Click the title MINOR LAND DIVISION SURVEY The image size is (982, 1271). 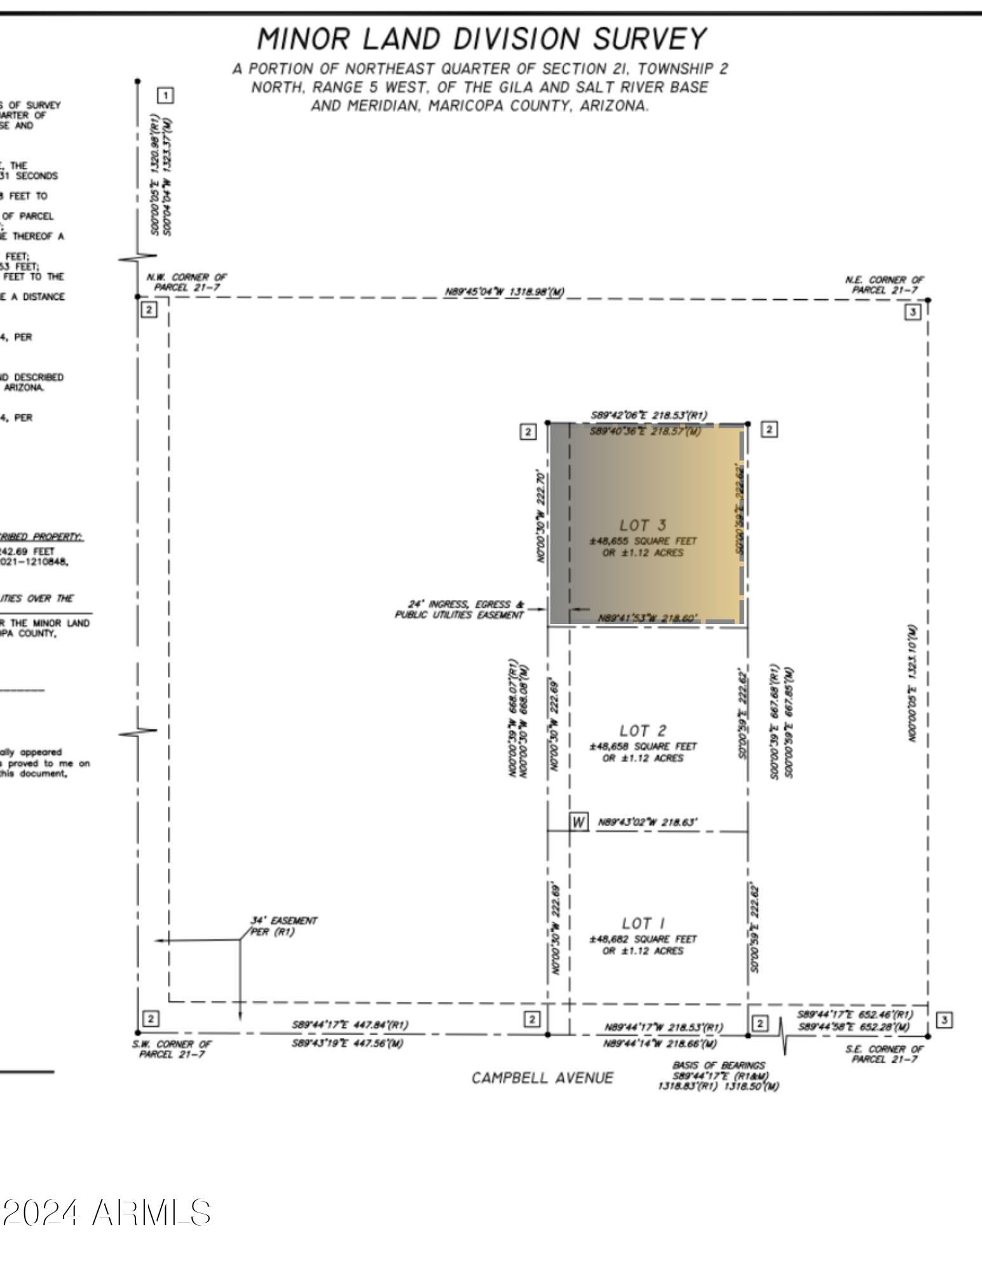tap(481, 39)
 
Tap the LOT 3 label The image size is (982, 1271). tap(643, 525)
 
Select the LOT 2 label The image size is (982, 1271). tap(643, 731)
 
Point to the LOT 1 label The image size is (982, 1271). tap(643, 923)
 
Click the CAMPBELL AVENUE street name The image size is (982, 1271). tap(542, 1078)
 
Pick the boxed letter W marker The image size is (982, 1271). tap(578, 822)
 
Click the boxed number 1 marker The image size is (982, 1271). tap(165, 96)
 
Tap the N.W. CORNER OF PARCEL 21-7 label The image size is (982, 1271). tap(186, 282)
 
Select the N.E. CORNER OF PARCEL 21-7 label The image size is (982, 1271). tap(884, 285)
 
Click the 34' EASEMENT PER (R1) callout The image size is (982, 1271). tap(283, 926)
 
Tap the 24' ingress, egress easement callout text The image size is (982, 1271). tap(460, 609)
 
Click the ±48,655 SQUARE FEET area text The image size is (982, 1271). tap(643, 541)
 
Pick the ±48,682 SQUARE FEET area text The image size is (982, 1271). tap(643, 939)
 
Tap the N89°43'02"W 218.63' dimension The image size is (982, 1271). tap(647, 822)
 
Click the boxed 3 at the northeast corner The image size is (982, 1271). tap(913, 312)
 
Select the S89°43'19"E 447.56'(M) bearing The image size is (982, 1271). tap(347, 1043)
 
